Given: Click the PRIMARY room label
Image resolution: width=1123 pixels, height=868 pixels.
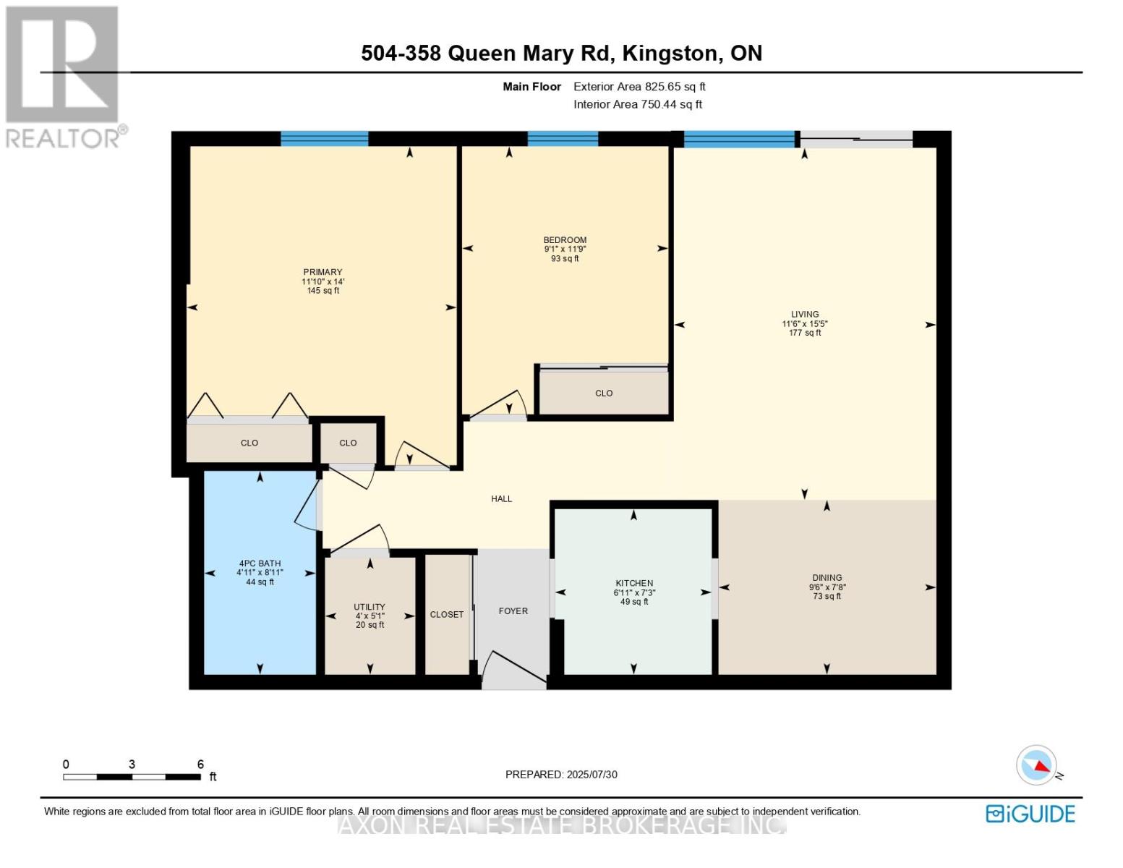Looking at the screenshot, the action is tap(323, 272).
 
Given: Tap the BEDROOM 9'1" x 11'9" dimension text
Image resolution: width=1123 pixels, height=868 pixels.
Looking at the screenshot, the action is tap(565, 249).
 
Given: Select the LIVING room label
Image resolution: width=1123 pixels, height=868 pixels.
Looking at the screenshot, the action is tap(805, 314).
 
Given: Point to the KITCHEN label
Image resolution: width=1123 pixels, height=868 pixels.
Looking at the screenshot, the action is tap(634, 582).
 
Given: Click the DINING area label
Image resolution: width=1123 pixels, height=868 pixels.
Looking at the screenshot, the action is tap(827, 577).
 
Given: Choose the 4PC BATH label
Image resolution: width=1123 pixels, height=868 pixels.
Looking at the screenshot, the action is tap(260, 563).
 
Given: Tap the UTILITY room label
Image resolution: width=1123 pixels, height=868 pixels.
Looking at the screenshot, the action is tap(370, 606).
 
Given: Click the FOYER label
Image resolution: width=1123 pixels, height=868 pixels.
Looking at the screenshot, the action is tap(513, 611).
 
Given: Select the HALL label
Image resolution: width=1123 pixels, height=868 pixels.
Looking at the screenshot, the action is tap(501, 499).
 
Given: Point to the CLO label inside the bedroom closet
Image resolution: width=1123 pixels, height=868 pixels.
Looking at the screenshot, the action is tap(604, 393).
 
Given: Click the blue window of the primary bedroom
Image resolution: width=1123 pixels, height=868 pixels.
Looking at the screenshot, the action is tap(324, 139).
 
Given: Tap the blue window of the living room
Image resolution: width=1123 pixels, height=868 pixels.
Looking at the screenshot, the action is tap(739, 139).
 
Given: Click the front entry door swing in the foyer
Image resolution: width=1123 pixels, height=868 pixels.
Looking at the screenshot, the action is tap(513, 669).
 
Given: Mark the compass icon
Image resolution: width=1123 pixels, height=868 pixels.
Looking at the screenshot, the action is tap(1036, 765).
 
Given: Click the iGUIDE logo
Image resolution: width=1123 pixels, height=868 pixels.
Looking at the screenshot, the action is tap(1030, 814).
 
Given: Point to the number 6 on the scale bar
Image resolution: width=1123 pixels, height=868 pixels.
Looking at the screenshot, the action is tap(200, 764).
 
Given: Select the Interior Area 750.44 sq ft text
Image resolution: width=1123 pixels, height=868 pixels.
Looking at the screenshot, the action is tap(638, 104).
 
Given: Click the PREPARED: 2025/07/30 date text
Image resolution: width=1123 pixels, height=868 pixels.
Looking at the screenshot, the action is tap(561, 775).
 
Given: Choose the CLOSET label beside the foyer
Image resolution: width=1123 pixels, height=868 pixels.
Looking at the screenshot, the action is tap(446, 615).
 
